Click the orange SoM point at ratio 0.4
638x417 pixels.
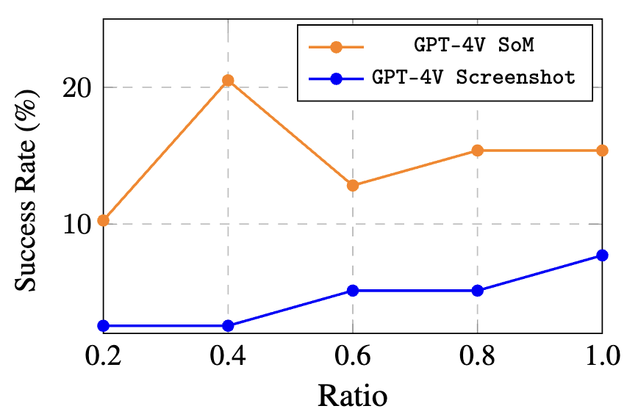point(229,81)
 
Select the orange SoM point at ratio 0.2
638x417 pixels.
point(104,220)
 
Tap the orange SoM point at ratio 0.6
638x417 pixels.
point(353,185)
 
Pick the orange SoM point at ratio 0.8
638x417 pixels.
point(477,151)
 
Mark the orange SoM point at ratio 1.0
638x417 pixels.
point(602,151)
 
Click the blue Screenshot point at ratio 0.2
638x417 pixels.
point(104,325)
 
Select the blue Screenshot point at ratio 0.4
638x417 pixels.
point(229,325)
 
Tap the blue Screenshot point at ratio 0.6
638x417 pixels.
point(353,290)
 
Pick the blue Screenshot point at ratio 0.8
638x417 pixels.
point(477,290)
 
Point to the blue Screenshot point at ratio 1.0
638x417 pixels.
point(602,255)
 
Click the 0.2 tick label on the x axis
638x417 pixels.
point(104,355)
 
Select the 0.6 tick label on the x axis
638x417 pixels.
point(353,355)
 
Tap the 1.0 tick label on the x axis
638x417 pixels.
point(602,355)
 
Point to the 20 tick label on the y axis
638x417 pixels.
point(76,87)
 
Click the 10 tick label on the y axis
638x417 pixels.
point(76,224)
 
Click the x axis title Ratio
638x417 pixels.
point(352,396)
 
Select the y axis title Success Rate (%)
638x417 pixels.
point(26,190)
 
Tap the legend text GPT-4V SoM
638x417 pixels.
point(474,45)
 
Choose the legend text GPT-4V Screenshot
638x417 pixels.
point(474,77)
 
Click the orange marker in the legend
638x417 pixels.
point(336,47)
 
